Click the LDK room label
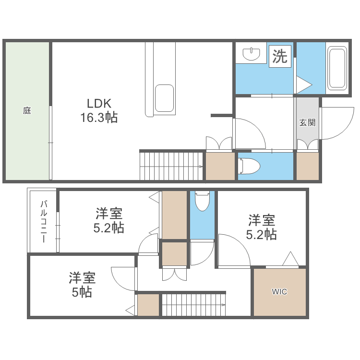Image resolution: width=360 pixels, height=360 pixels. pyautogui.click(x=99, y=103)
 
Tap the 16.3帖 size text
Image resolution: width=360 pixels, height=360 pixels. pyautogui.click(x=99, y=118)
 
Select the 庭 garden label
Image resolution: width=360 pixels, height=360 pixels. pyautogui.click(x=27, y=110)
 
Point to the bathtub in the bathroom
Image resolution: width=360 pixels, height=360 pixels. pyautogui.click(x=336, y=68)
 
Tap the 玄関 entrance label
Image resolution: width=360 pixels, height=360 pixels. pyautogui.click(x=307, y=122)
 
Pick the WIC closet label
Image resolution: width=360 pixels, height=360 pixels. pyautogui.click(x=279, y=291)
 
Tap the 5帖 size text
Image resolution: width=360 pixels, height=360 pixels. pyautogui.click(x=82, y=292)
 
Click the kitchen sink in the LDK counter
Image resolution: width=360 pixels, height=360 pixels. pyautogui.click(x=164, y=98)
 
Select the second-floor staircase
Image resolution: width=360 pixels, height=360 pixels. pyautogui.click(x=193, y=305)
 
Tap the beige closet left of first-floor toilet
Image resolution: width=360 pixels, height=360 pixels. pyautogui.click(x=220, y=166)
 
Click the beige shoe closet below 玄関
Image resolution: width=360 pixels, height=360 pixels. pyautogui.click(x=308, y=166)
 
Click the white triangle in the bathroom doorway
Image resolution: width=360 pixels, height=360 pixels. pyautogui.click(x=303, y=85)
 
